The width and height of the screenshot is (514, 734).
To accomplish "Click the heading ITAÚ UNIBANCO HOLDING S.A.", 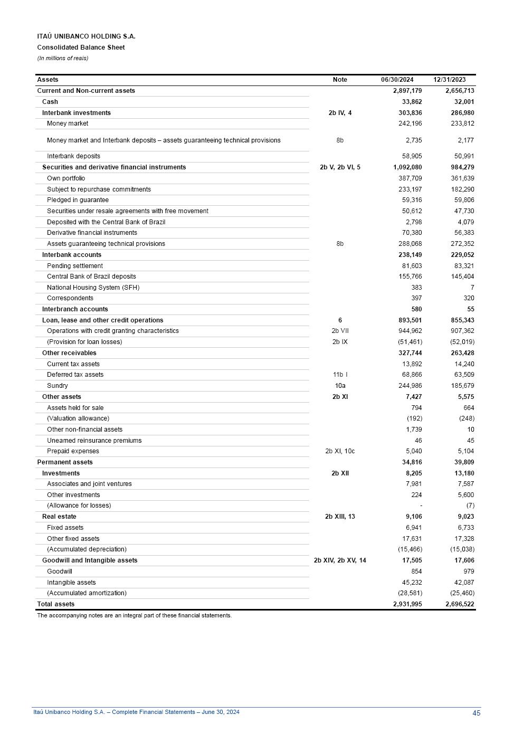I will (86, 36).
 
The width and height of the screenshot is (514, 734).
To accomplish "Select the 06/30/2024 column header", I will (397, 80).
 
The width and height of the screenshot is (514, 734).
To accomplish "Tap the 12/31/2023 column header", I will (450, 80).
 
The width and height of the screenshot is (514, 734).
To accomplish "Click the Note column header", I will (340, 80).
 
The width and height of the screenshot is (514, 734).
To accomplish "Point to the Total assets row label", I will (56, 604).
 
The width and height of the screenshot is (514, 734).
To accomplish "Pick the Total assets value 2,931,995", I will (407, 604).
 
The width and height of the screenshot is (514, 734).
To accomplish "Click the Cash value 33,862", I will (412, 102).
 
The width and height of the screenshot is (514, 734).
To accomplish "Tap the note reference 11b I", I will (340, 375).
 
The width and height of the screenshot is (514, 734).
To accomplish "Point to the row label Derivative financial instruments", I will (92, 233).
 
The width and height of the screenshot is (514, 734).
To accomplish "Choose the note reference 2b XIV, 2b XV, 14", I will (340, 560).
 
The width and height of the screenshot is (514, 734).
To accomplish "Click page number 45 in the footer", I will (477, 713).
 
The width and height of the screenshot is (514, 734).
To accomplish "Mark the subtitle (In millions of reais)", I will (63, 58).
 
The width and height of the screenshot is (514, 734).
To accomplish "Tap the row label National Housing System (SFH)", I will (93, 288).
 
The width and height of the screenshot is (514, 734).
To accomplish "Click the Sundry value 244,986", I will (410, 386).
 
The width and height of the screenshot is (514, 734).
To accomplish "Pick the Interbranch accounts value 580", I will (416, 309).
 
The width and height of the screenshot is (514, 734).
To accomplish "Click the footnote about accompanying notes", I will (134, 615).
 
